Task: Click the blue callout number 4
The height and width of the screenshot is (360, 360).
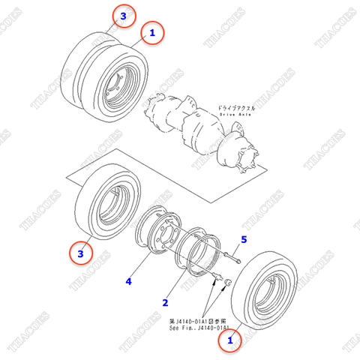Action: click(x=129, y=281)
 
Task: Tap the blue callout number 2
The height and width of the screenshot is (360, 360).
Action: click(x=166, y=303)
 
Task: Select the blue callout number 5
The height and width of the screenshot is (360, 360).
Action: click(x=243, y=240)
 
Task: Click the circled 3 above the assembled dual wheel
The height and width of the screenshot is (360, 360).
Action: click(x=124, y=14)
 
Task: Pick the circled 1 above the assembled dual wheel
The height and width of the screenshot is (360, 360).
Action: click(x=152, y=32)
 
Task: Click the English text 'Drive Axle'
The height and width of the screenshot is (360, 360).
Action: click(x=238, y=115)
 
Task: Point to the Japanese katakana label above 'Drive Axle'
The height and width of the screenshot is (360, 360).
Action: click(x=237, y=108)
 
